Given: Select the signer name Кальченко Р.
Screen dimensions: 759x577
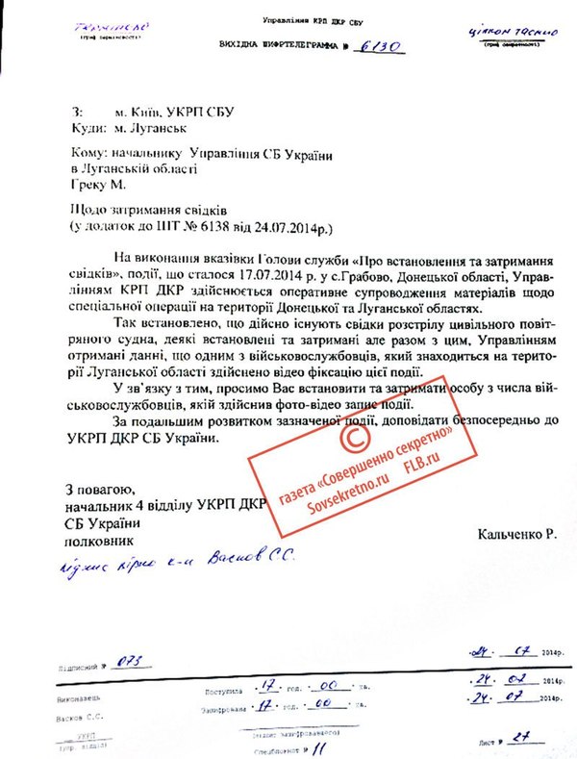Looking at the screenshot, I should pos(515,532).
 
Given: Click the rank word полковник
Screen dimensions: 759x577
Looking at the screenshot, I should pos(100,541).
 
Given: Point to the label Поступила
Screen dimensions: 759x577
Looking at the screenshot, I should pos(221,692).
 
